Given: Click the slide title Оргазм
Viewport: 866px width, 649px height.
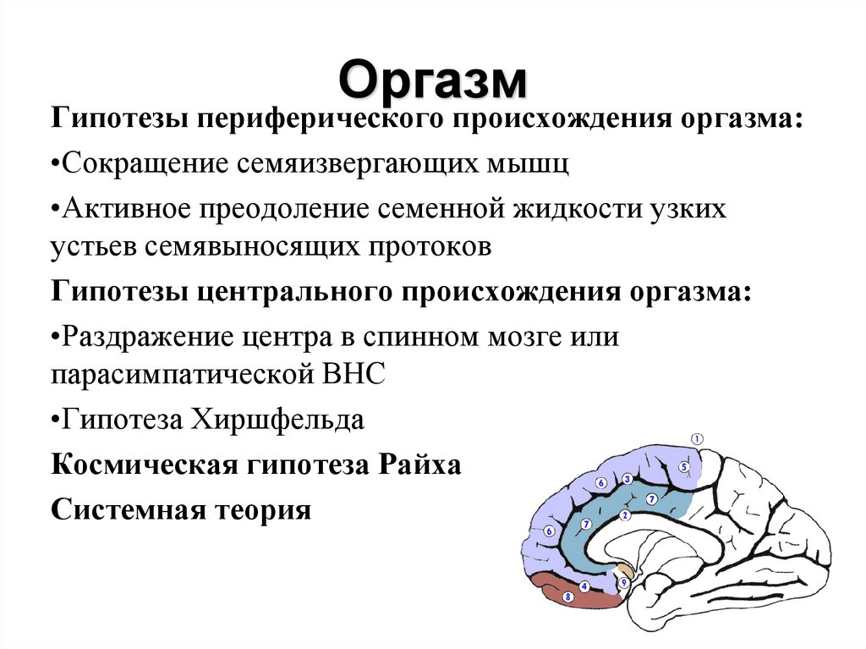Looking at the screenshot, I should tap(432, 80).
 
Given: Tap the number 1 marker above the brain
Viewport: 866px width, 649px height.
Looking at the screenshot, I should tap(697, 438).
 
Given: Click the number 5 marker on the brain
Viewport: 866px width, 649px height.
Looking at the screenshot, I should tap(683, 466).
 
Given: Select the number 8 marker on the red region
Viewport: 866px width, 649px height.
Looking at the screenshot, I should tap(567, 597).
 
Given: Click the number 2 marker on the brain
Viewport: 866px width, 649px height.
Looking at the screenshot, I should tap(625, 514).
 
